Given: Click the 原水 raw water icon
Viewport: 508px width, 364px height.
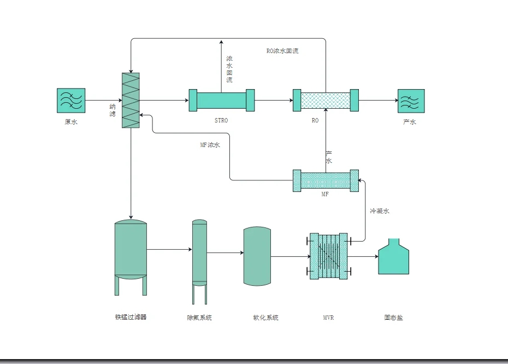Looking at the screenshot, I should point(70,101).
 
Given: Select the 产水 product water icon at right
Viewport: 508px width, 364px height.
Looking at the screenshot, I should point(411,101).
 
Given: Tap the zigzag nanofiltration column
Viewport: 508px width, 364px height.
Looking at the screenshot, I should point(131,101).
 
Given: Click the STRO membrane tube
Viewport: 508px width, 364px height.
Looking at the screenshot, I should point(221,101).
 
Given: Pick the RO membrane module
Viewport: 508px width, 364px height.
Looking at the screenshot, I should point(326,101).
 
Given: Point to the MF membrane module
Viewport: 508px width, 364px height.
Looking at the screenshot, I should point(326,180).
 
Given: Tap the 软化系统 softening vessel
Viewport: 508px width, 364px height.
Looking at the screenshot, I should point(257,256).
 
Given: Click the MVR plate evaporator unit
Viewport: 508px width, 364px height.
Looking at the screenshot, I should point(328,256).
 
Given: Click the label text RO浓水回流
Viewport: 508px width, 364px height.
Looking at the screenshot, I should point(282,51).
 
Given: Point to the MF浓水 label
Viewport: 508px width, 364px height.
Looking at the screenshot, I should point(210,145).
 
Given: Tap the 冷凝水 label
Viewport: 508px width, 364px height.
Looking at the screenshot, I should point(379,210).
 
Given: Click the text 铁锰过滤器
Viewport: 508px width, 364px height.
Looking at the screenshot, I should point(131,317).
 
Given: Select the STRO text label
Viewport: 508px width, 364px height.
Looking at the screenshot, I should point(221,120).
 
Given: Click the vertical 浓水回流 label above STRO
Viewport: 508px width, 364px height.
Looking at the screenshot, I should point(229,69).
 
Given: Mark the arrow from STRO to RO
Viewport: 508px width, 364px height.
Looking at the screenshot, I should point(273,101).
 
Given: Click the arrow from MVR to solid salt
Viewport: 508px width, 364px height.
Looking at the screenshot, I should point(363,256).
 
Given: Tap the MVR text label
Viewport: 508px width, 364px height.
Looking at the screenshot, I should point(328,318).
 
